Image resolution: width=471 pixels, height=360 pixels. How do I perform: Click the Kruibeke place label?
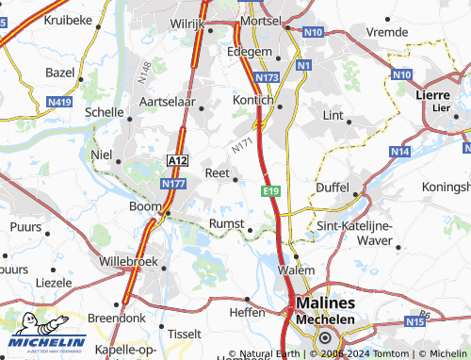coord(47,20)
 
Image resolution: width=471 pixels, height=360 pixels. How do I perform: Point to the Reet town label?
coord(217,172)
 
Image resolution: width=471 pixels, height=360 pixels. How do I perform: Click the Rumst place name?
coord(227,222)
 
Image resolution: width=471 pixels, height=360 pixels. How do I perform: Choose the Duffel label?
coord(332,188)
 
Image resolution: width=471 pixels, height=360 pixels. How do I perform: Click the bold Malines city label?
coord(325,303)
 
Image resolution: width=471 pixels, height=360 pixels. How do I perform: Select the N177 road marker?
coord(172,185)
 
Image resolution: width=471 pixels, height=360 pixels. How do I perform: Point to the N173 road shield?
coord(268,76)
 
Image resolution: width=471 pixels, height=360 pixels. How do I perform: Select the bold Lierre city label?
coord(434,94)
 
